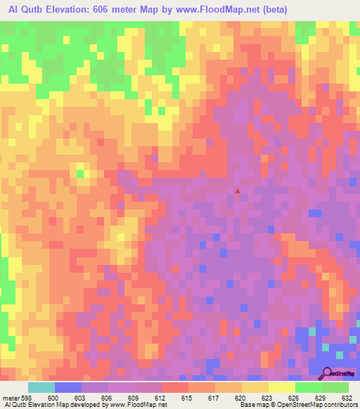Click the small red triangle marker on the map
pyautogui.click(x=238, y=190)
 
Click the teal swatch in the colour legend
pyautogui.click(x=41, y=387)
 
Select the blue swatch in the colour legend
pyautogui.click(x=68, y=387)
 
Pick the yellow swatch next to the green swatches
pyautogui.click(x=281, y=387)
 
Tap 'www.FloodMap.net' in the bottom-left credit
pyautogui.click(x=134, y=405)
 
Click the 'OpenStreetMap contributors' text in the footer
pyautogui.click(x=314, y=405)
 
